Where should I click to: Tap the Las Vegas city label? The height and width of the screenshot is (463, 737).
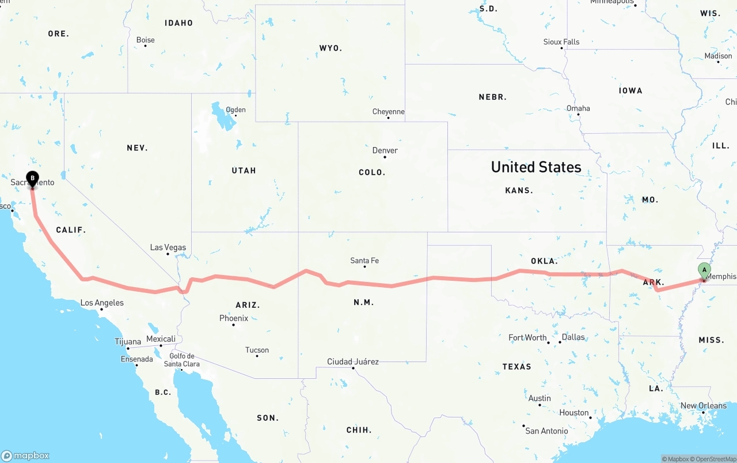[168, 247]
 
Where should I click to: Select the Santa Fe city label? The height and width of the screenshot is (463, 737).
[364, 261]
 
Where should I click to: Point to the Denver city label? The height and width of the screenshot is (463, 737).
[385, 150]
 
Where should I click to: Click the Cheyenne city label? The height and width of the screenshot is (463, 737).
[389, 111]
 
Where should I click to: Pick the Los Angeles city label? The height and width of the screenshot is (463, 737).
[102, 303]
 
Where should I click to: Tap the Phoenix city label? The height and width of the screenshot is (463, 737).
[234, 318]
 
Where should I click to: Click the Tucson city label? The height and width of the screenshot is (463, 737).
[257, 350]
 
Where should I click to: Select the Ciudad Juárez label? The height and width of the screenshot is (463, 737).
[353, 362]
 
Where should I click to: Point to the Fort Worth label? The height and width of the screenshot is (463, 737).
[527, 337]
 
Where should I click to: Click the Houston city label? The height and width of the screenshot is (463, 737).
[574, 412]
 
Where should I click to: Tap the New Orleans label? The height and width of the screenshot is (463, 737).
[704, 406]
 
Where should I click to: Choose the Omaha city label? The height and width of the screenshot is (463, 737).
[578, 108]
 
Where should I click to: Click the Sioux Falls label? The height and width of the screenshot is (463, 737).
[561, 42]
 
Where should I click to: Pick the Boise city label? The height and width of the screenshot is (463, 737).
[146, 40]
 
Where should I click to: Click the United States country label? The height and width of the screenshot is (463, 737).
[536, 167]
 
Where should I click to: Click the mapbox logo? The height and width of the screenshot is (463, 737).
[25, 456]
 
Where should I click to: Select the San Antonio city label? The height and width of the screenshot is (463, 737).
[546, 431]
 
